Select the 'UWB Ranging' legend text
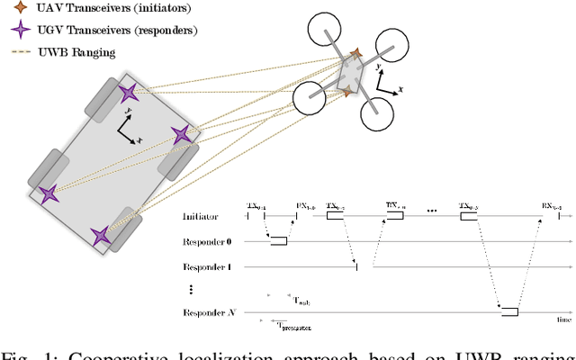click(64, 51)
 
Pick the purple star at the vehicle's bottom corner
click(101, 236)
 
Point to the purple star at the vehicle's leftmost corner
click(49, 193)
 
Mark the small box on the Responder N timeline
click(509, 311)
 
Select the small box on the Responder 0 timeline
click(279, 240)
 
